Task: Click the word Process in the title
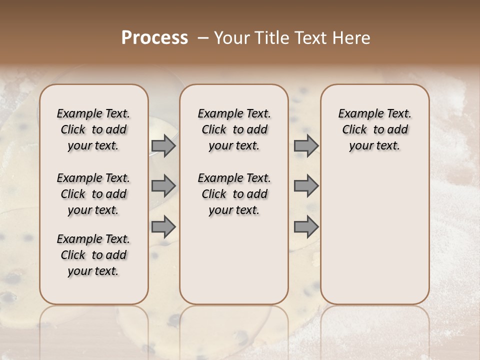(x=154, y=38)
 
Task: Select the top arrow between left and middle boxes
(x=163, y=146)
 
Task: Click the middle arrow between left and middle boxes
(x=163, y=186)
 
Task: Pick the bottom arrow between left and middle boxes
(x=163, y=226)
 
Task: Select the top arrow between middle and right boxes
(x=306, y=146)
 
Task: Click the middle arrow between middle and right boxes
(x=306, y=186)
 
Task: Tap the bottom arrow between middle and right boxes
(x=306, y=226)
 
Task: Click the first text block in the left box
(x=93, y=129)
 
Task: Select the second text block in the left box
(x=93, y=194)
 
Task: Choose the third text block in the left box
(x=93, y=255)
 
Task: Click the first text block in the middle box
(x=234, y=129)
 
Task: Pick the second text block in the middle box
(x=234, y=194)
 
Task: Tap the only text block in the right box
(x=374, y=129)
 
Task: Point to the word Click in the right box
(x=354, y=130)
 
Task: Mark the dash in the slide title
(x=203, y=38)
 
